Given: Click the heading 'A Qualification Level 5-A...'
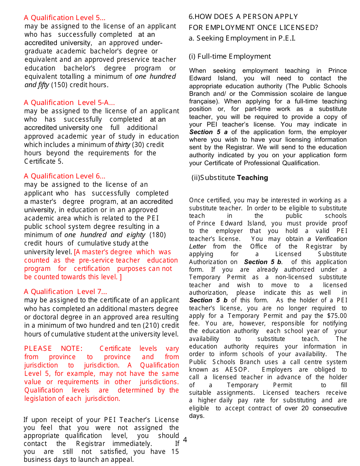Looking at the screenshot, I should [x=69, y=103].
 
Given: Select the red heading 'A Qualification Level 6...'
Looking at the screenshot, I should [x=64, y=176].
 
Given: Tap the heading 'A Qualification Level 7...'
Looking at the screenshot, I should [x=65, y=292].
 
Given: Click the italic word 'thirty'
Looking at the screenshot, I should [x=122, y=145].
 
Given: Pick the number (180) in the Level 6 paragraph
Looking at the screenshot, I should [x=158, y=235].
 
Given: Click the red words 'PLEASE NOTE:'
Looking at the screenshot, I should [x=53, y=349].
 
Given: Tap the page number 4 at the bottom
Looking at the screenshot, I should [x=185, y=440].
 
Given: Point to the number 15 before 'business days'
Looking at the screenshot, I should [x=175, y=452].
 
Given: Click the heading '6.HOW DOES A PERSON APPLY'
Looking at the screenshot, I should [x=243, y=17].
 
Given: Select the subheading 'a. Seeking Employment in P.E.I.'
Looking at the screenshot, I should [x=242, y=38].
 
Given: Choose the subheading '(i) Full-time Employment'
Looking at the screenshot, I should [x=230, y=56].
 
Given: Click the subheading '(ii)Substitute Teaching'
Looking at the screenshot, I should [x=230, y=178].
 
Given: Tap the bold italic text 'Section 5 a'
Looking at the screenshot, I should [x=208, y=132].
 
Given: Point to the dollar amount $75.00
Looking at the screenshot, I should [x=336, y=316].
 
